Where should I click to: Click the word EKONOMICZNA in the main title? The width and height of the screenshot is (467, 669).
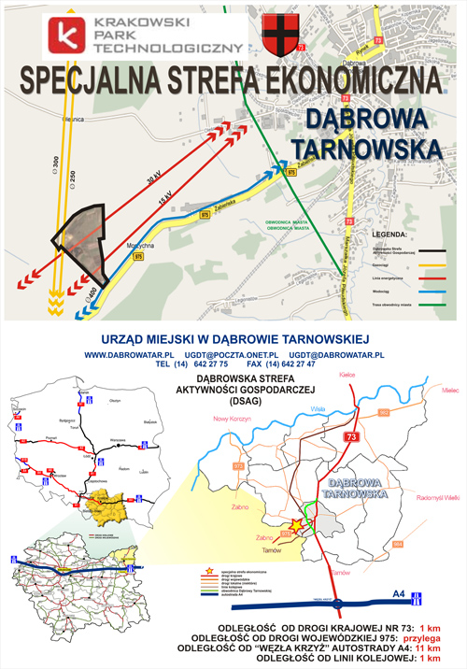350,80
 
